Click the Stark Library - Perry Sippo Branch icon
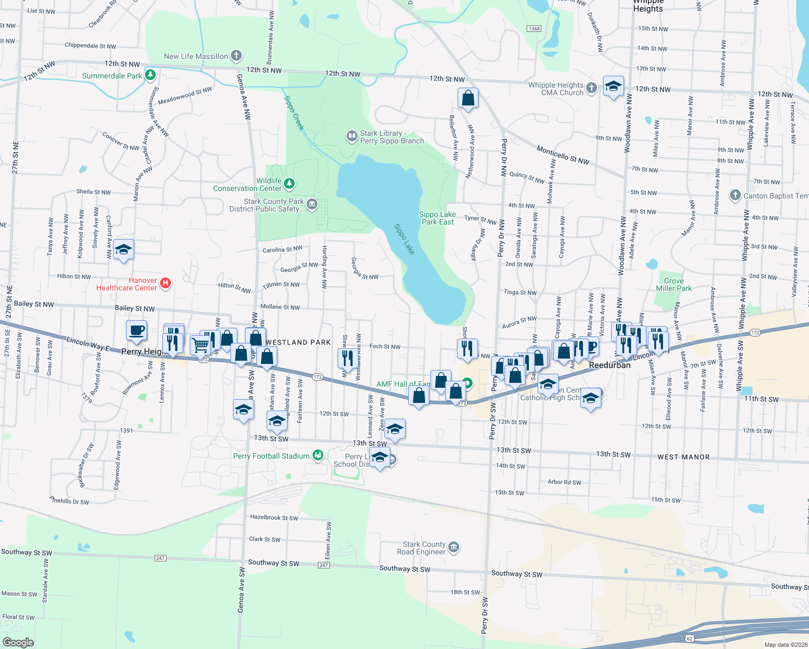point(352,135)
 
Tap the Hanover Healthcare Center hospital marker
point(165,283)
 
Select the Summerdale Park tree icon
point(150,75)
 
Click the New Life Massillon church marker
point(236,55)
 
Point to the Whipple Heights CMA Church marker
point(592,88)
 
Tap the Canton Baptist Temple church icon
point(735,195)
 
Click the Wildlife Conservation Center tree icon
point(289,184)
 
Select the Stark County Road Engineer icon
point(454,547)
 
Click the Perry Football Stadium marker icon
point(318,455)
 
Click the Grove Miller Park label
point(673,284)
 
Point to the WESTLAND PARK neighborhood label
point(298,342)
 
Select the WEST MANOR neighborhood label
point(683,457)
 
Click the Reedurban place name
point(609,365)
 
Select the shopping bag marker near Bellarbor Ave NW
point(468,98)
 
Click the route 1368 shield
point(534,29)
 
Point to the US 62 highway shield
point(689,639)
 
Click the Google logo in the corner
point(18,643)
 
